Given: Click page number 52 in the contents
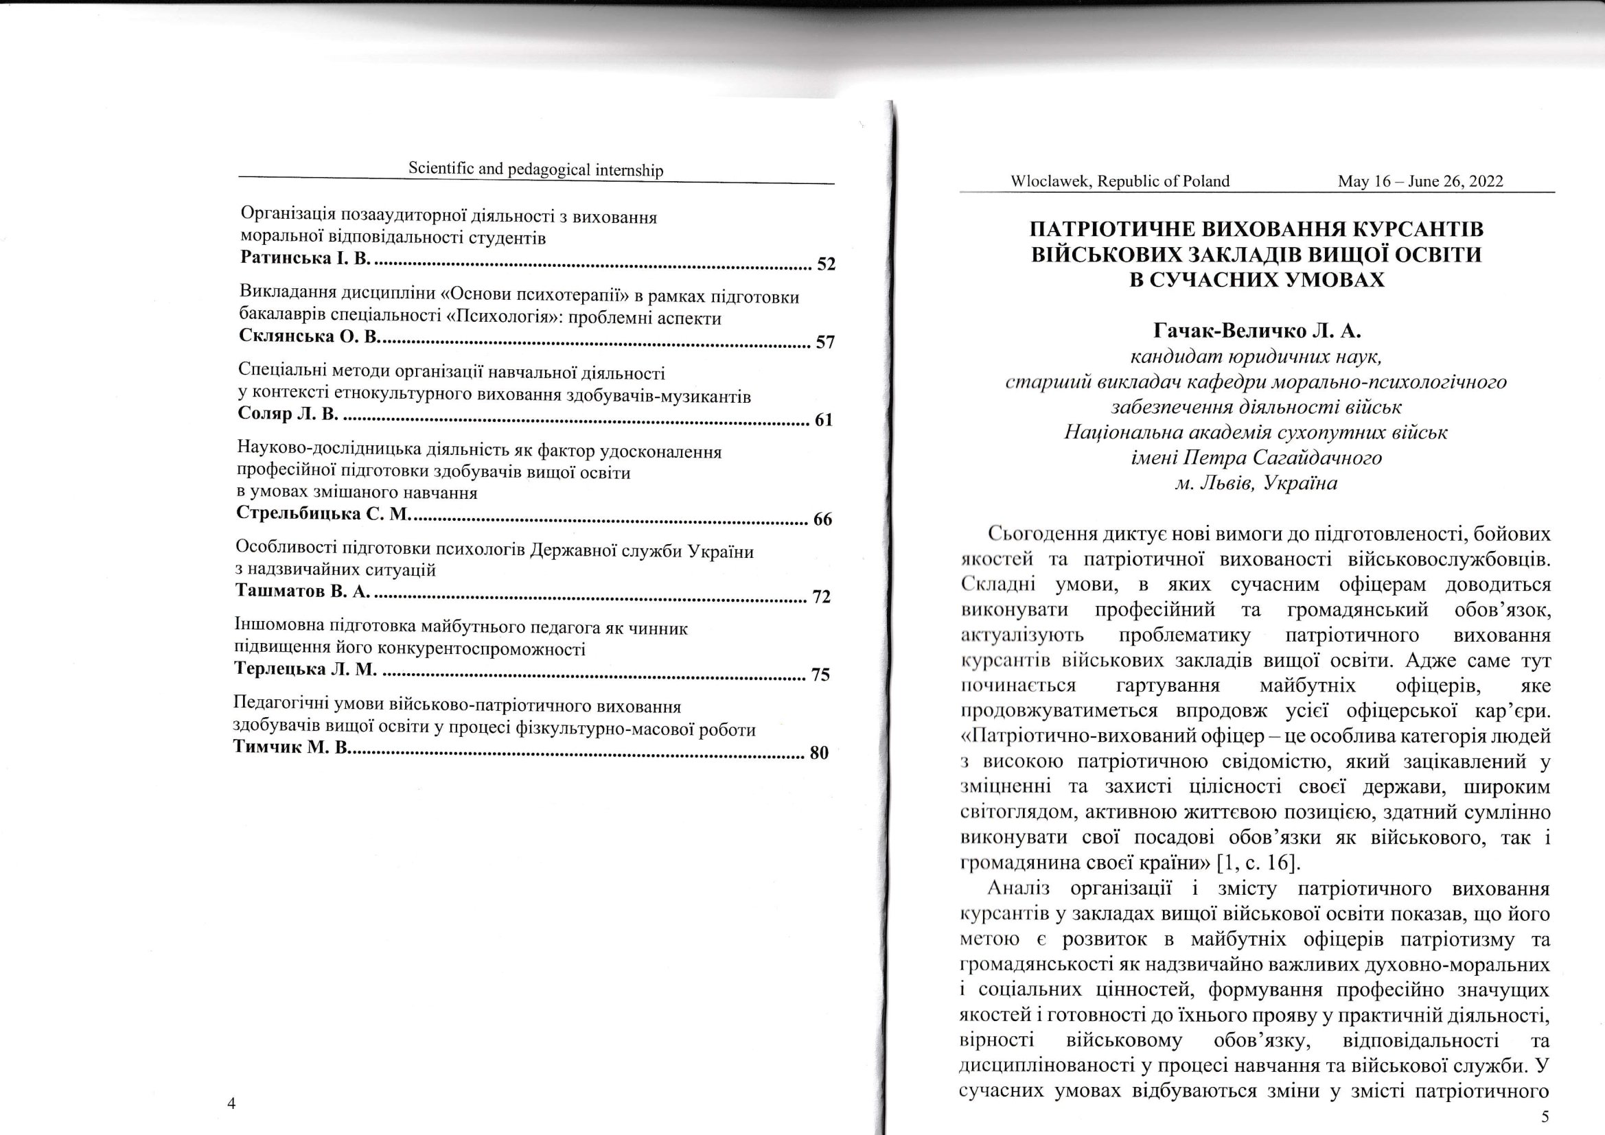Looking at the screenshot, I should [x=826, y=264].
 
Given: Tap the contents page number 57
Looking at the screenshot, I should [x=825, y=342].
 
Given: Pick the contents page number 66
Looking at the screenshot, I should [x=823, y=519].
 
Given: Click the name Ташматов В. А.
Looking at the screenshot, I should [x=302, y=592].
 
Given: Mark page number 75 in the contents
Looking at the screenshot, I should [x=820, y=675].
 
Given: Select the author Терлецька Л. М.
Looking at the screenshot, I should [x=305, y=670].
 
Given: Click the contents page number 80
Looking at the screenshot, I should [x=818, y=753].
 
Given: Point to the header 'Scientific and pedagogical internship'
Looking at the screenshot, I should [x=535, y=169].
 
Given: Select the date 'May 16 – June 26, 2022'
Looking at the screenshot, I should [x=1420, y=182].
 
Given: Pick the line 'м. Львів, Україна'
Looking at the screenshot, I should [x=1256, y=483].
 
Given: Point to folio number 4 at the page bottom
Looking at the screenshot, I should [x=232, y=1103].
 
